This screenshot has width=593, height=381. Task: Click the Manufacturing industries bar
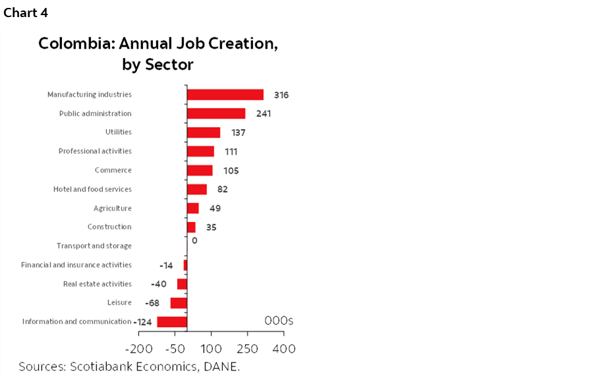click(225, 95)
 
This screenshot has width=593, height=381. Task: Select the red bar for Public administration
click(215, 114)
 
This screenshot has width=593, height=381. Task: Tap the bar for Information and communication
click(172, 322)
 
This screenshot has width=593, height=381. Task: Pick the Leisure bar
click(179, 303)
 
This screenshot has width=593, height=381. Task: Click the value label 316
click(281, 95)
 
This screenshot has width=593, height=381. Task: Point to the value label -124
click(143, 322)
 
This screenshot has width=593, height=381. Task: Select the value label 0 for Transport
click(194, 241)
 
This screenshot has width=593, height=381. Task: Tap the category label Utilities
click(119, 132)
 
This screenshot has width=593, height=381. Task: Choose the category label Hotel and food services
click(92, 190)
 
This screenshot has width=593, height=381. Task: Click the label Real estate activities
click(97, 284)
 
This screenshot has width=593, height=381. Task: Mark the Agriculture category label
click(113, 208)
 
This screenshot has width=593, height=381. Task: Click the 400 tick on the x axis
click(284, 348)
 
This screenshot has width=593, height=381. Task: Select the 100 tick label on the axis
click(212, 348)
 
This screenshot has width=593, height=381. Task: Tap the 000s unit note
click(279, 320)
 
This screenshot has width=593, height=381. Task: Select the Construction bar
click(191, 227)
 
